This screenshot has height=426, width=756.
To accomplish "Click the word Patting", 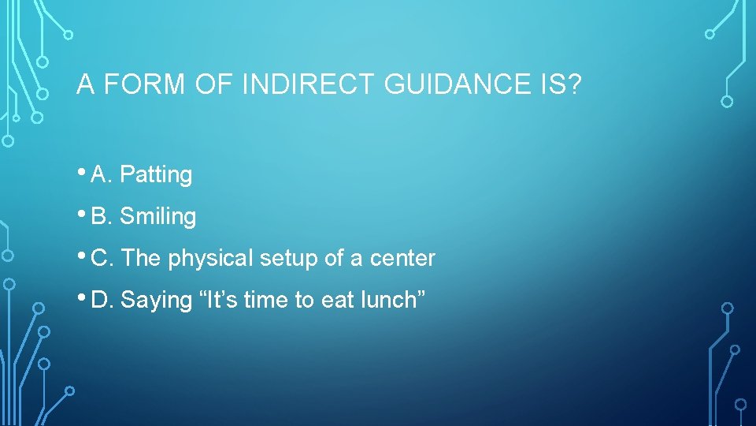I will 156,174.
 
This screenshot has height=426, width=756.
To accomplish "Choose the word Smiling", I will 157,216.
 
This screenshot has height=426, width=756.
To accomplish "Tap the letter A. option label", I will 102,174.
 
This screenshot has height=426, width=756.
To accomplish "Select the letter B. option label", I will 102,216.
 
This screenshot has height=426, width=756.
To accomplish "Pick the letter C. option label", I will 102,258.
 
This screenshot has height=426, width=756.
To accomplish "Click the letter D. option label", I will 102,300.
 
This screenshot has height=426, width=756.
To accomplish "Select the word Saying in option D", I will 150,301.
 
